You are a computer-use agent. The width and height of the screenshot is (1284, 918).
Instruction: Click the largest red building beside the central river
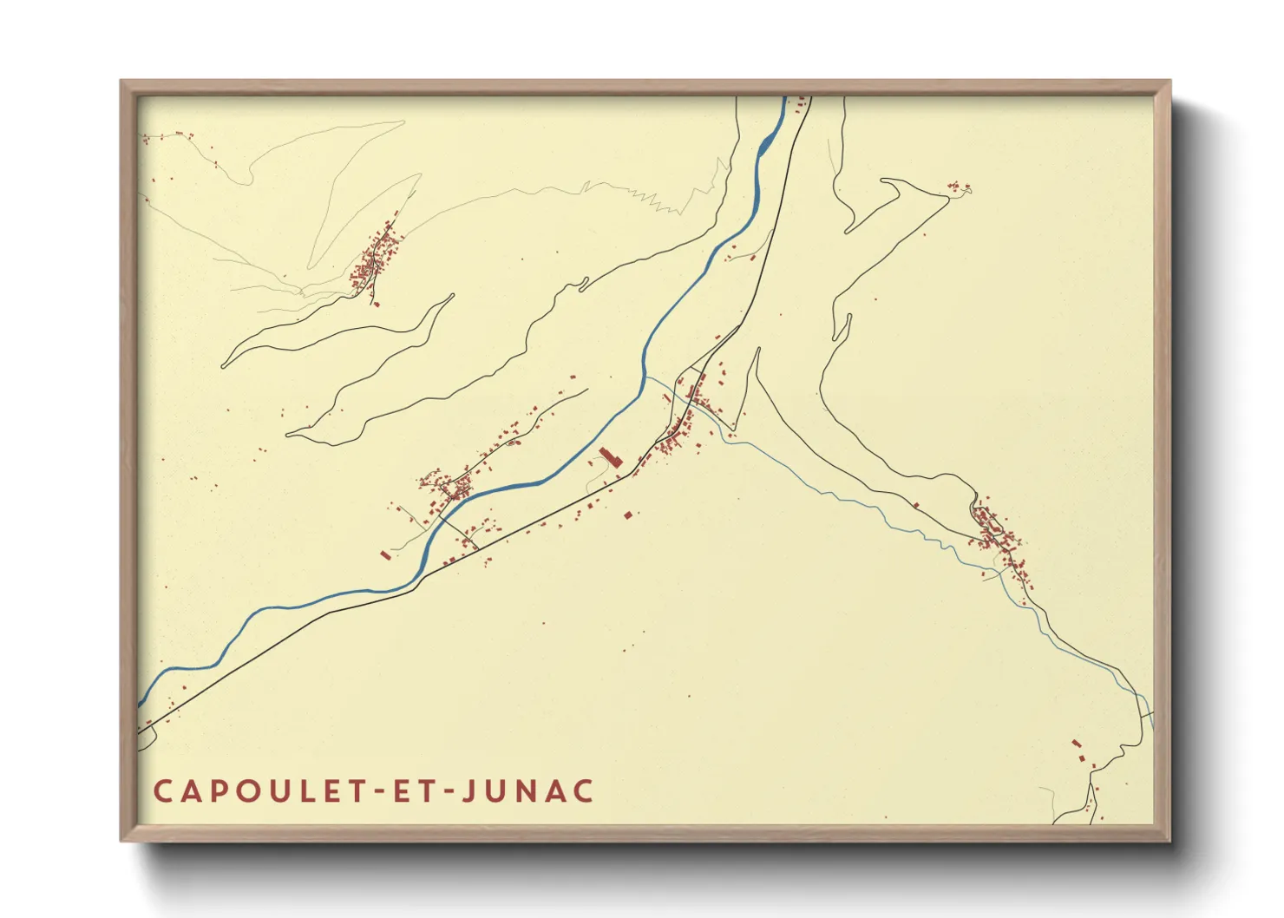611,457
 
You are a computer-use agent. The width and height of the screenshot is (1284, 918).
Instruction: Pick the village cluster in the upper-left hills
376,258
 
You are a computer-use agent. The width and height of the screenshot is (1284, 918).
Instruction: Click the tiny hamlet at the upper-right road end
958,187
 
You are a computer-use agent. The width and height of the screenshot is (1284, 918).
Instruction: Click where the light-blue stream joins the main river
645,378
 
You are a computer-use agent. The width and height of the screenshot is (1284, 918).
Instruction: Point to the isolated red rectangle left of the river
385,554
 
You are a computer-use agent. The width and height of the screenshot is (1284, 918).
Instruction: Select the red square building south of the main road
628,515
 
